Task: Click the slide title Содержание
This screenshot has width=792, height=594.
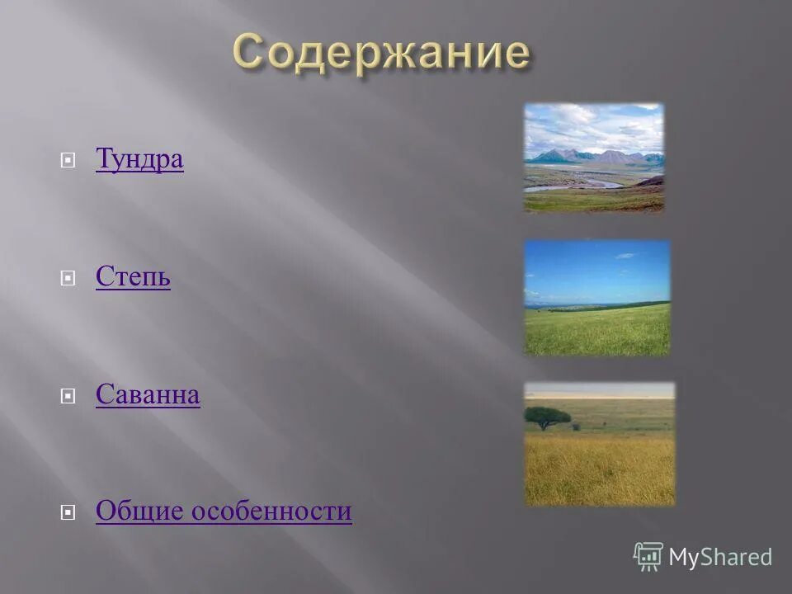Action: (x=380, y=54)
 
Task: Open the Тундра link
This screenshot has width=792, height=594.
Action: (x=139, y=159)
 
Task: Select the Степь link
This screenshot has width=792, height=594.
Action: (x=133, y=277)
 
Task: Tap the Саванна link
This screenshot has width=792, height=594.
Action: (x=148, y=395)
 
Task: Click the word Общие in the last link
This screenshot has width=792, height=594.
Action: (x=140, y=511)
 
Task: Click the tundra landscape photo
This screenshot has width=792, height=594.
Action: (x=593, y=158)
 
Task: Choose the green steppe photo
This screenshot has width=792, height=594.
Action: (x=597, y=298)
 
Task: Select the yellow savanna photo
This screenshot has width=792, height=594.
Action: (x=599, y=443)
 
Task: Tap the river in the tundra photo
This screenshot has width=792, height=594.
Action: (x=569, y=186)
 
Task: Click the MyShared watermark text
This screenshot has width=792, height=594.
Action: (x=719, y=558)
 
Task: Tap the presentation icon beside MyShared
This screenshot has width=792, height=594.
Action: (x=648, y=557)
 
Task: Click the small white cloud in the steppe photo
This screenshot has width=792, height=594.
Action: (x=625, y=256)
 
